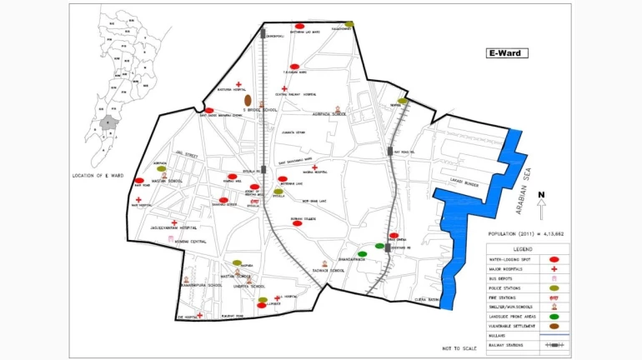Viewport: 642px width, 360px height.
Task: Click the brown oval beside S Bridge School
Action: click(x=248, y=101)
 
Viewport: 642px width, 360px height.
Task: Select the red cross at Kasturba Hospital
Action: click(x=238, y=84)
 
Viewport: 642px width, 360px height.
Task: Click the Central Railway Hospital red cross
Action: click(x=284, y=88)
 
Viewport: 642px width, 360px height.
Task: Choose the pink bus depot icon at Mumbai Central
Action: click(x=172, y=239)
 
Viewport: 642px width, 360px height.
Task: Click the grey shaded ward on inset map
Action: click(x=108, y=123)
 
